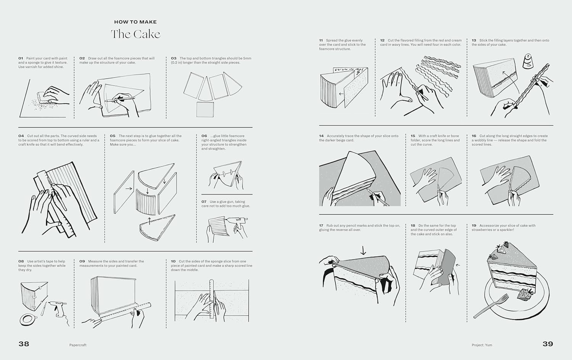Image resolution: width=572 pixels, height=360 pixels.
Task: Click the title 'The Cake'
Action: [x=136, y=34]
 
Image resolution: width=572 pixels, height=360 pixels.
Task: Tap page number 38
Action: [x=24, y=344]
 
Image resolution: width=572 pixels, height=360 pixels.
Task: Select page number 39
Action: [x=548, y=344]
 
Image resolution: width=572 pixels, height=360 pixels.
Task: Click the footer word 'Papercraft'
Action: [x=78, y=345]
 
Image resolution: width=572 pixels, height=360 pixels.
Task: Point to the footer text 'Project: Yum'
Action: [x=482, y=345]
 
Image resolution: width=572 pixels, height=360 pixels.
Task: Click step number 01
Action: [x=21, y=58]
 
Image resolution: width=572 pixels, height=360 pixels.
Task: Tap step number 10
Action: [x=174, y=261]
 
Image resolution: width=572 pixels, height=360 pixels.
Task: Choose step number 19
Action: [x=474, y=225]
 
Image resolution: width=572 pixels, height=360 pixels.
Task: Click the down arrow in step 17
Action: [x=363, y=250]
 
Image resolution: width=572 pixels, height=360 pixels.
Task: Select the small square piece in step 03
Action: [x=205, y=109]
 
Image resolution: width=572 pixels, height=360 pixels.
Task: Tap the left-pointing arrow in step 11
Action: [x=341, y=94]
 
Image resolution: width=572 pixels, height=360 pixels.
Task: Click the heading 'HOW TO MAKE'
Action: [x=135, y=22]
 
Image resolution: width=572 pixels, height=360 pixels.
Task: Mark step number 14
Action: [x=321, y=136]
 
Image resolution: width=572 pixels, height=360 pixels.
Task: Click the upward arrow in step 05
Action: [x=149, y=221]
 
